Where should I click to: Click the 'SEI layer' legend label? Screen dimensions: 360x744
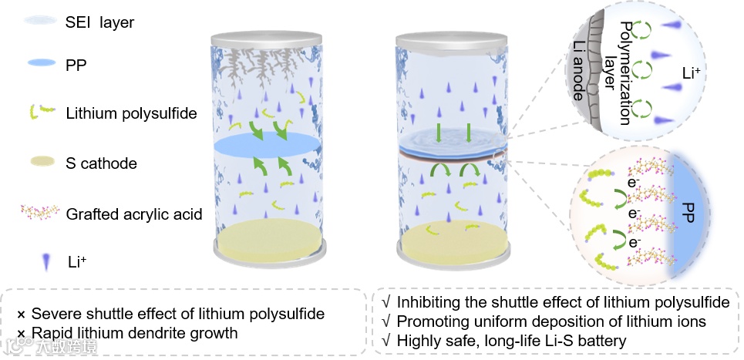click(x=99, y=22)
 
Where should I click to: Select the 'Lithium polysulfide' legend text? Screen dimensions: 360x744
click(x=131, y=114)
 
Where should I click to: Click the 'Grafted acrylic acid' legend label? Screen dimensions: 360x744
click(x=134, y=214)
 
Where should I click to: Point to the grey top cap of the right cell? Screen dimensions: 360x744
click(x=453, y=38)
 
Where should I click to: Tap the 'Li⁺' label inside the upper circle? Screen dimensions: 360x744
click(x=692, y=74)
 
